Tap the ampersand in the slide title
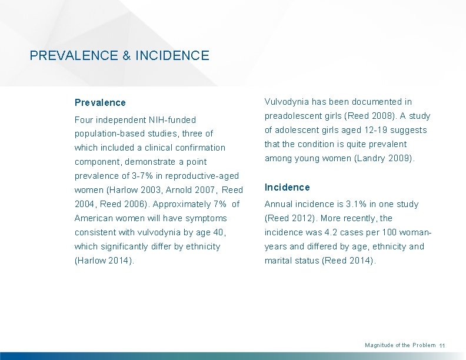(127, 56)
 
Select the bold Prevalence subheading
(100, 102)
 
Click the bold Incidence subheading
(287, 187)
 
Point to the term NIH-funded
(172, 119)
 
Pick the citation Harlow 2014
(104, 261)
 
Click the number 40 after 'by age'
(218, 232)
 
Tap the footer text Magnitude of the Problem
(400, 345)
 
